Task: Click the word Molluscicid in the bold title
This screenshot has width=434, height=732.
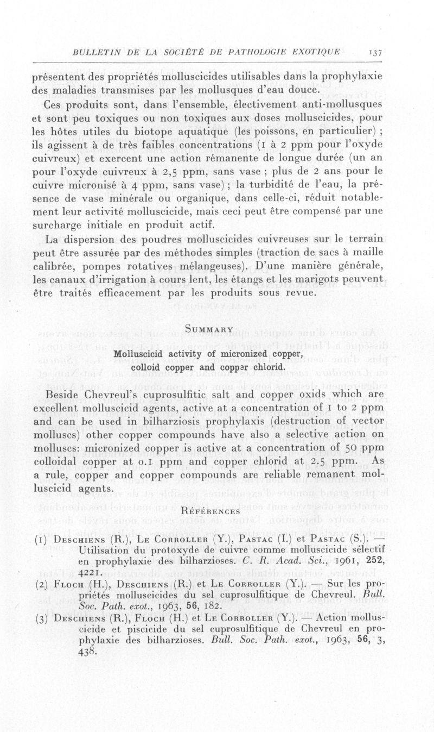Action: (x=138, y=355)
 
